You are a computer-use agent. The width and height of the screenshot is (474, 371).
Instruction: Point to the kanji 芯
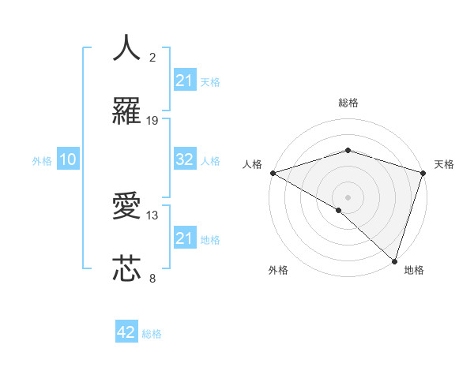127,269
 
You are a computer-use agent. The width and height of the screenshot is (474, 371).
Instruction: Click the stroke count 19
152,121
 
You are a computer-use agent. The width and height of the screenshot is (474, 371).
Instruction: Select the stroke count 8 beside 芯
152,278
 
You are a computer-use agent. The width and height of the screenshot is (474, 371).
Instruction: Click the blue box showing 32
185,159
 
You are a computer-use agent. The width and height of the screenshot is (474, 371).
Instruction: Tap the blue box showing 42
127,332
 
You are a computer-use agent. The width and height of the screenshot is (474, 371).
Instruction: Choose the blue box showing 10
68,159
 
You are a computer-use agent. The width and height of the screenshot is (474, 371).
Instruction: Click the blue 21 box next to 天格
185,81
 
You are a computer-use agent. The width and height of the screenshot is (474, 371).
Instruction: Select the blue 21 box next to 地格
185,238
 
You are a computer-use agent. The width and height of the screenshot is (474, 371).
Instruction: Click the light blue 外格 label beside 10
42,160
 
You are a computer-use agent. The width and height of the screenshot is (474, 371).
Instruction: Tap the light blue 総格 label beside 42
152,333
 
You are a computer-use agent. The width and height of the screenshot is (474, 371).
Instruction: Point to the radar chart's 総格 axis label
348,103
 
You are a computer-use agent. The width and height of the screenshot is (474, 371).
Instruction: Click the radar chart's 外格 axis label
278,270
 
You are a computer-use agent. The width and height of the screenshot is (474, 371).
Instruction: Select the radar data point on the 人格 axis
272,173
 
